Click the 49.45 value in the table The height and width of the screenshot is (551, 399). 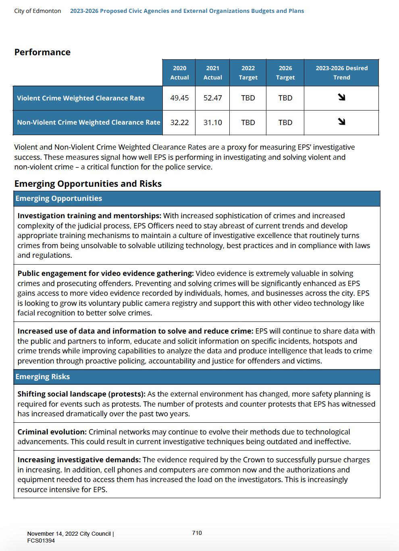pos(179,98)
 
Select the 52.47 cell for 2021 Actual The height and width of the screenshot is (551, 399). pos(212,98)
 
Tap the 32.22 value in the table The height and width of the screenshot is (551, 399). pos(179,123)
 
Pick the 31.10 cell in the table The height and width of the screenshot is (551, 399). pos(212,123)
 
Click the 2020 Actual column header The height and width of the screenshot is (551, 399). pos(179,73)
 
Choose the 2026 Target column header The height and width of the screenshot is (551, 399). pos(285,73)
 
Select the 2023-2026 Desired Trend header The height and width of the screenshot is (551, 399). pos(341,73)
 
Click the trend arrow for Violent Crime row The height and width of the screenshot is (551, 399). pos(342,97)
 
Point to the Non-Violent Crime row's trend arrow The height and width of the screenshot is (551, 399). pos(342,121)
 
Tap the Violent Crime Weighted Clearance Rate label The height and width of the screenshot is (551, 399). pos(81,98)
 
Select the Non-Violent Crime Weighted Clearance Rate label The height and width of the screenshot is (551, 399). pos(88,122)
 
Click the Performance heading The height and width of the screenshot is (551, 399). pos(42,52)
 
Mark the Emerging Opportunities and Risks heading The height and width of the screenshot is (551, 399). pos(88,184)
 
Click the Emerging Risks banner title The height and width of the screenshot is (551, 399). pos(43,376)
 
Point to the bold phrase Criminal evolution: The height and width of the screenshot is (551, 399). pos(52,432)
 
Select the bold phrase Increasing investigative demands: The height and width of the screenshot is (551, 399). pos(79,460)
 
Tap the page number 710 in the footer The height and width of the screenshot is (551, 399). pos(197,533)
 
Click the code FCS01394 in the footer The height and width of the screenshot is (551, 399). pos(41,541)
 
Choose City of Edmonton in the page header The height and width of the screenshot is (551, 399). pos(37,11)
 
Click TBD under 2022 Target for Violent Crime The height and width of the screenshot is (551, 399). pos(248,98)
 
